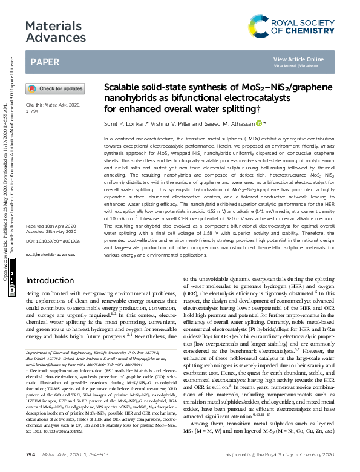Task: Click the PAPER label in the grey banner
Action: point(44,62)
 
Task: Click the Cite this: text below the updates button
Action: point(36,105)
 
